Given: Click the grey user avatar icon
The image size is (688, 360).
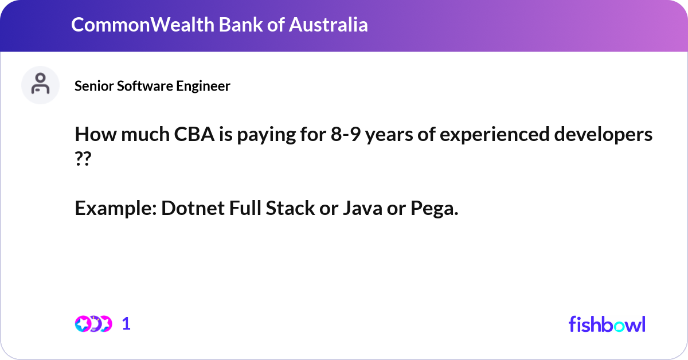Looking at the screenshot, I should (40, 85).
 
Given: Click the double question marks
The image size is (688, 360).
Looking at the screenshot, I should (83, 159).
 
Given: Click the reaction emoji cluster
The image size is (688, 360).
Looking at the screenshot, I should (93, 324).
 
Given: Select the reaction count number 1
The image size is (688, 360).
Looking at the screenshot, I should (126, 324).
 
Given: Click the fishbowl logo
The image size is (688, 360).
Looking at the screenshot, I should (607, 324).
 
